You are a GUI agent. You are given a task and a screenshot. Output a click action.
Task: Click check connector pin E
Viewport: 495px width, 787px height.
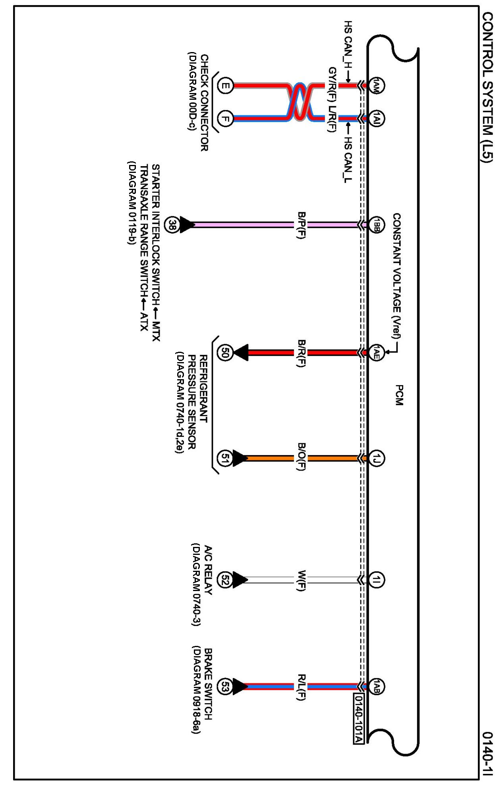point(225,85)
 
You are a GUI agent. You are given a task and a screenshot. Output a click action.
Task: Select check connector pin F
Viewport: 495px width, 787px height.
point(225,118)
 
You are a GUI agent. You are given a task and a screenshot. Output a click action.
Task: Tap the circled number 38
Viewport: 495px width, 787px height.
point(172,225)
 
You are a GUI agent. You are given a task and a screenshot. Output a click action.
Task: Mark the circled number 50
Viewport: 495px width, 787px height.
point(225,353)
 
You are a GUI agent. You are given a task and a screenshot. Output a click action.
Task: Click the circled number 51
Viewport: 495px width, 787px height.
point(225,458)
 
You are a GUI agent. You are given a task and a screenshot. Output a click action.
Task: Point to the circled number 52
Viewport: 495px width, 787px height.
point(225,580)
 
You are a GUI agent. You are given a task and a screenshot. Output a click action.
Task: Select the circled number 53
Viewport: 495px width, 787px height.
point(225,687)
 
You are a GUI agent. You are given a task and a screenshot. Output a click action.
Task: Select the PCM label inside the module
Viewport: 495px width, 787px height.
point(399,395)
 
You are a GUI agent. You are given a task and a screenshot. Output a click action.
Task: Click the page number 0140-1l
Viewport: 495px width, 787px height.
point(487,753)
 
